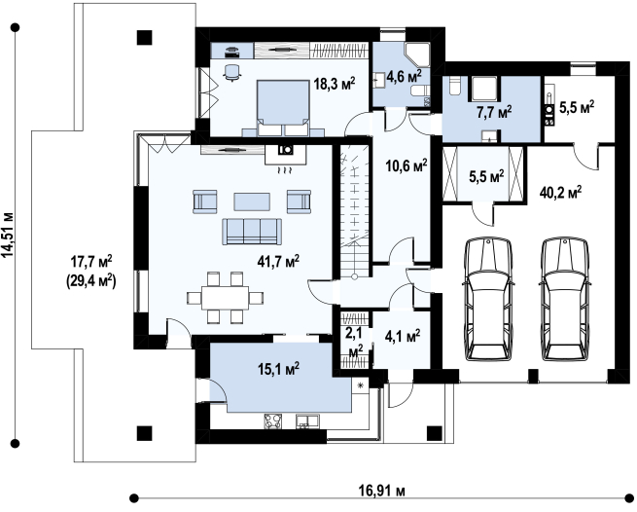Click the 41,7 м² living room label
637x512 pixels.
pyautogui.click(x=278, y=261)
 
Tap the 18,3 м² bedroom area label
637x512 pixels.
pyautogui.click(x=335, y=84)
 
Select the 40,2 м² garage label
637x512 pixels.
pyautogui.click(x=560, y=192)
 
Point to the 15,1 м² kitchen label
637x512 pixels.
pyautogui.click(x=278, y=369)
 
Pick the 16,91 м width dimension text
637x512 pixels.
pyautogui.click(x=381, y=491)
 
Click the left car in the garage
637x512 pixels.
pyautogui.click(x=488, y=299)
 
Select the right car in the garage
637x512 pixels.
pyautogui.click(x=565, y=299)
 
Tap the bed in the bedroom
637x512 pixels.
pyautogui.click(x=283, y=108)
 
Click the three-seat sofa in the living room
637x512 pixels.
pyautogui.click(x=252, y=232)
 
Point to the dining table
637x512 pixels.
pyautogui.click(x=226, y=298)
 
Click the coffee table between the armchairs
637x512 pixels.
pyautogui.click(x=252, y=201)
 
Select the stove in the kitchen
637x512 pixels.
pyautogui.click(x=273, y=421)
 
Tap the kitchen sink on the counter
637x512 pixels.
pyautogui.click(x=307, y=421)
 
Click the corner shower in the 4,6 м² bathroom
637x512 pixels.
pyautogui.click(x=417, y=55)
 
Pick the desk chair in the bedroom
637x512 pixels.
pyautogui.click(x=232, y=72)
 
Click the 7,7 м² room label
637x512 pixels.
pyautogui.click(x=494, y=111)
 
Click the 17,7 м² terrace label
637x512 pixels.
pyautogui.click(x=91, y=262)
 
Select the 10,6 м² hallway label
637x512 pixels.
pyautogui.click(x=407, y=165)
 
